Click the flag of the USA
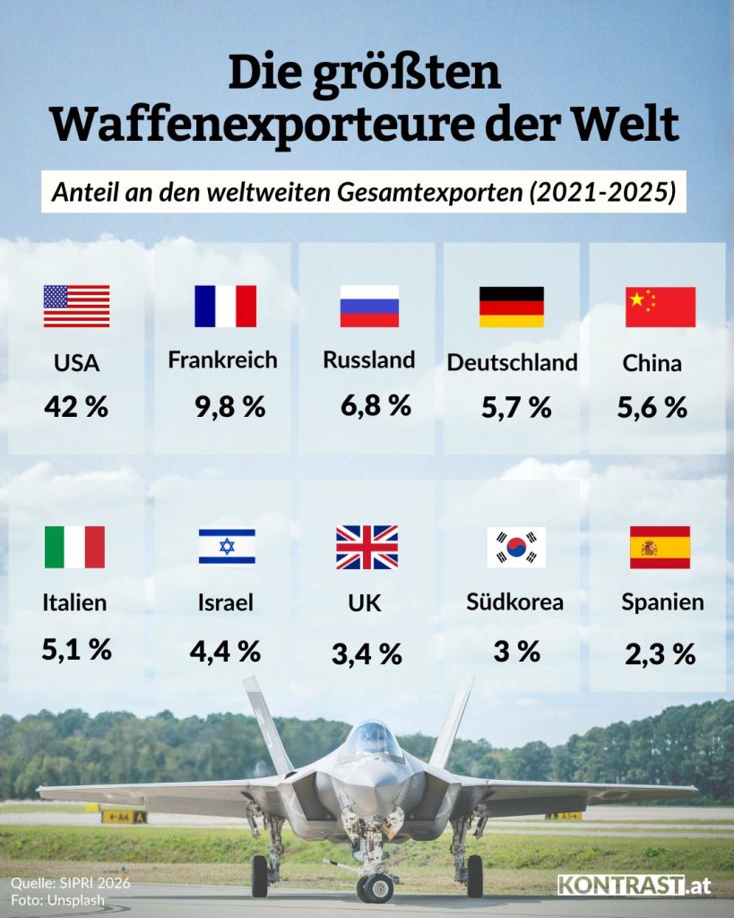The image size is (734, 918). pyautogui.click(x=76, y=306)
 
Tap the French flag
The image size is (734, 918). pyautogui.click(x=225, y=306)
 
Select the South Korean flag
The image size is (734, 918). pyautogui.click(x=515, y=547)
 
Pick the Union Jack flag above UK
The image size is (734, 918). pyautogui.click(x=367, y=547)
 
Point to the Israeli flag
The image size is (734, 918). pyautogui.click(x=227, y=546)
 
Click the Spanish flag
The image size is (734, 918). pyautogui.click(x=660, y=547)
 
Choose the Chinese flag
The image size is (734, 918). pyautogui.click(x=660, y=307)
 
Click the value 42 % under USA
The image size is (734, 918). pyautogui.click(x=76, y=407)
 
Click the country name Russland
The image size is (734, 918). pyautogui.click(x=369, y=360)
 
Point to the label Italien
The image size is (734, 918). pyautogui.click(x=74, y=602)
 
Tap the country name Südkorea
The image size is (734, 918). pyautogui.click(x=515, y=602)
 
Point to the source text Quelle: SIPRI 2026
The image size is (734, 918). pyautogui.click(x=71, y=882)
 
